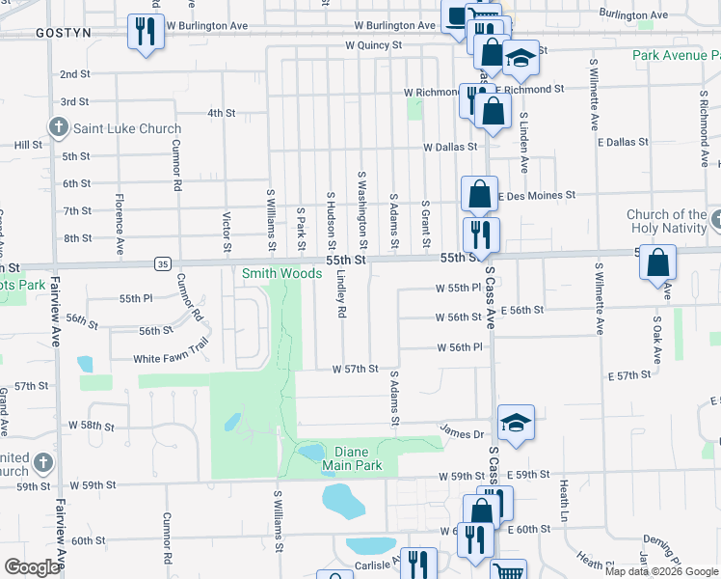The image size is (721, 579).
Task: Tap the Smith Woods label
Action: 281,273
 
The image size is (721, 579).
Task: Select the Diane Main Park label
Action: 359,458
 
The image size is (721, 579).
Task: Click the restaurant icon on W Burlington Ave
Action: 146,31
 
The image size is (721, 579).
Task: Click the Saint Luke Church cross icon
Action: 58,128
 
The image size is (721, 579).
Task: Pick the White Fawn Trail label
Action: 171,359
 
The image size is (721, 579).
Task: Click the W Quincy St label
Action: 374,45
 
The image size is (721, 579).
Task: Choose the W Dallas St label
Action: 449,147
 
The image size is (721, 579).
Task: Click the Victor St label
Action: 227,233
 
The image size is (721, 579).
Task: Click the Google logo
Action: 32,567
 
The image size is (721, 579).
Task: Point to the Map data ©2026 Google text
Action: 661,571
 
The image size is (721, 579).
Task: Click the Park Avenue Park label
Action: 676,55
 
